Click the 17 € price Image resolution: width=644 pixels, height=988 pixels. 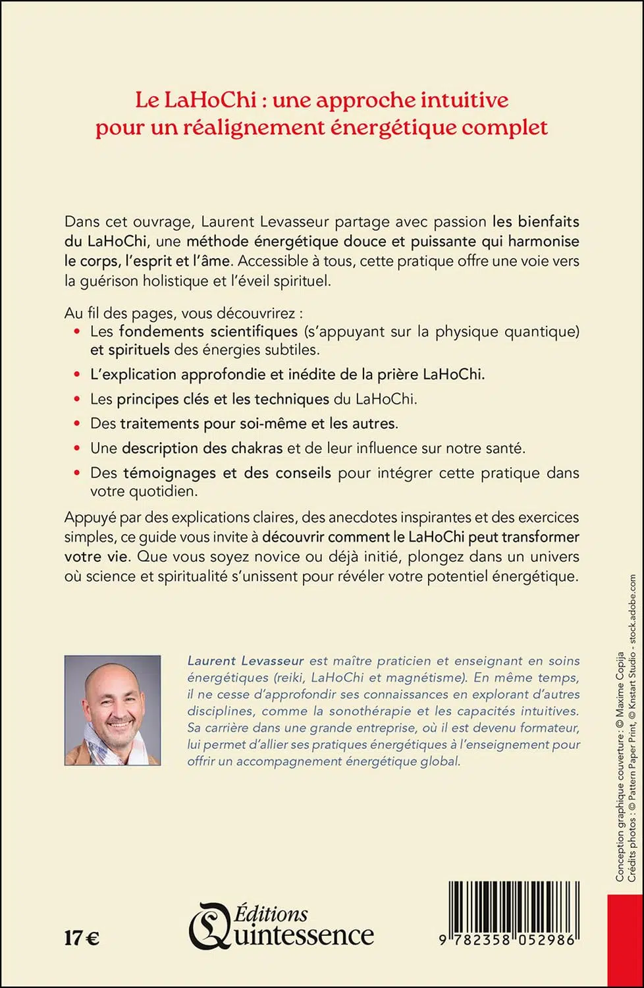pyautogui.click(x=82, y=937)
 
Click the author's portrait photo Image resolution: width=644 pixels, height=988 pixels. pyautogui.click(x=113, y=710)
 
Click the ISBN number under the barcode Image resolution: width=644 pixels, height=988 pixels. pyautogui.click(x=508, y=940)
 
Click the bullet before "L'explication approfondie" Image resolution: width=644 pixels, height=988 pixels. pyautogui.click(x=77, y=374)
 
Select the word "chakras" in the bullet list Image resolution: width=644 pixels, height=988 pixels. pyautogui.click(x=257, y=448)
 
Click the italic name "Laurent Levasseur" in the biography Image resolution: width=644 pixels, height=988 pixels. pyautogui.click(x=246, y=661)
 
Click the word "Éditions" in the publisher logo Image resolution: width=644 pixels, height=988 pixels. pyautogui.click(x=272, y=914)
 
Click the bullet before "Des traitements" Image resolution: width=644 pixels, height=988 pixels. pyautogui.click(x=77, y=423)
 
